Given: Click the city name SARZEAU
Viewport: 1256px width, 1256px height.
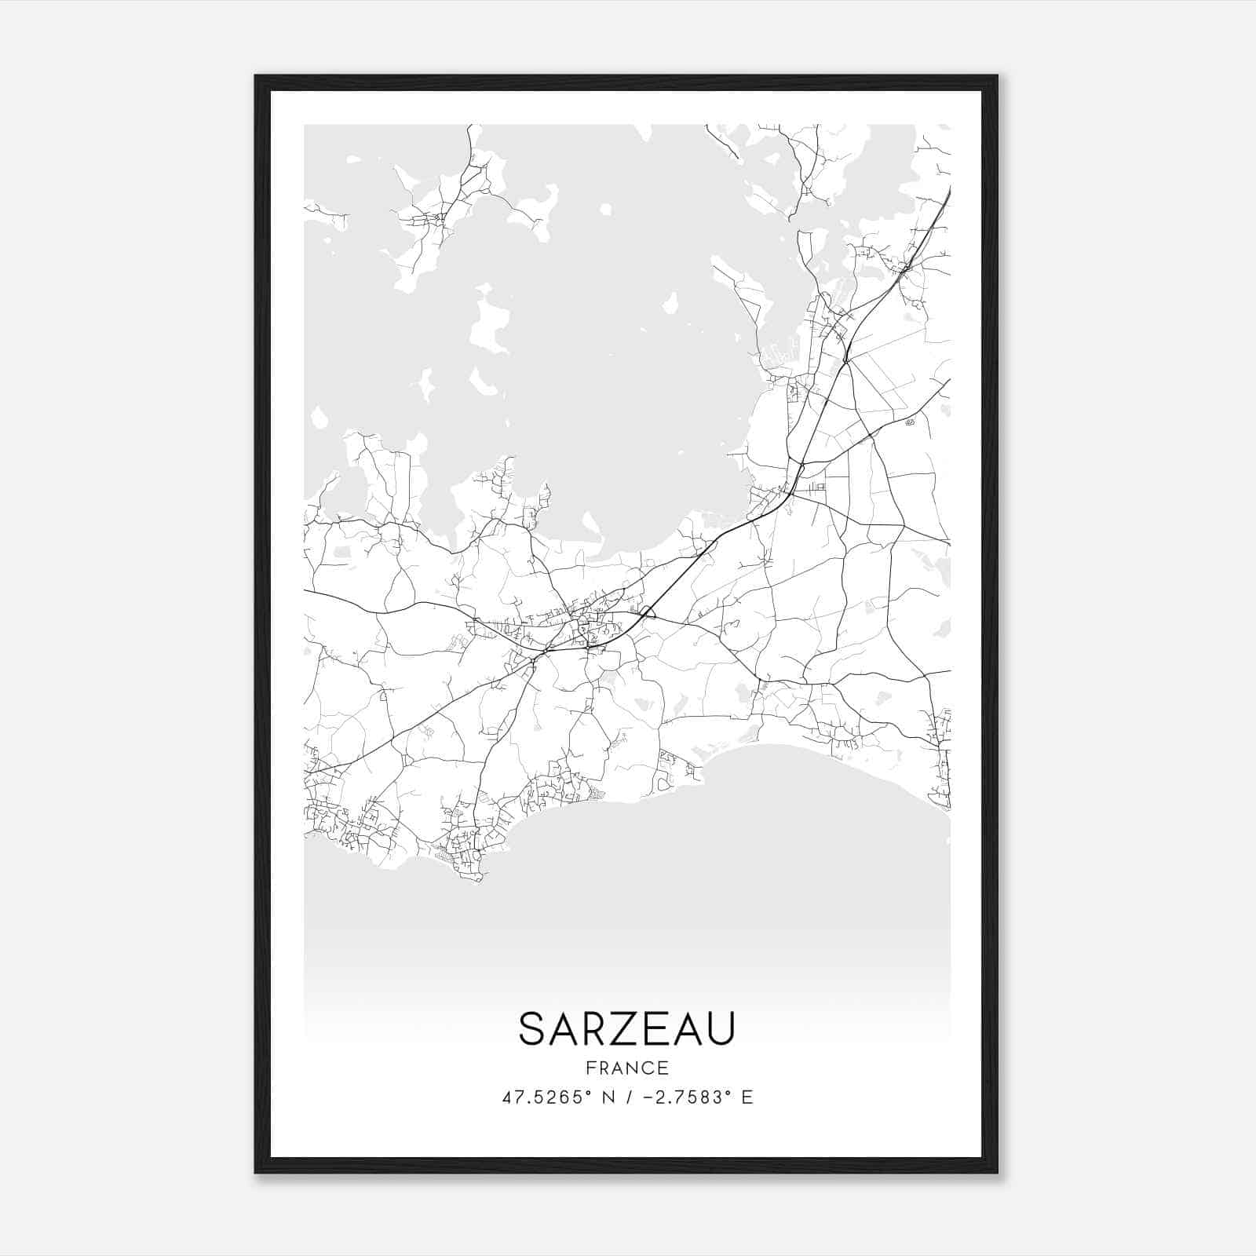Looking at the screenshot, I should (626, 1028).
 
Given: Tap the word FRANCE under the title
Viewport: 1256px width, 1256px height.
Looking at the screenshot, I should (626, 1068).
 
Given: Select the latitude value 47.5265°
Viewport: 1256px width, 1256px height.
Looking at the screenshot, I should (546, 1097).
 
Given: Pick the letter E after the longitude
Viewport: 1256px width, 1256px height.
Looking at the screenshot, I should (747, 1097).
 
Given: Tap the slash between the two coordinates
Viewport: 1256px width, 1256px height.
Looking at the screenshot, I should (625, 1097).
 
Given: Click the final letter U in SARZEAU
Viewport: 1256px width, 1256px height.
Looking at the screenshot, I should (720, 1028).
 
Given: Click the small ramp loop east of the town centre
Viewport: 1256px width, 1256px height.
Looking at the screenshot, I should (648, 611).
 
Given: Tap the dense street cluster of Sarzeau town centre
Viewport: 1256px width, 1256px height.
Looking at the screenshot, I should (585, 628).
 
